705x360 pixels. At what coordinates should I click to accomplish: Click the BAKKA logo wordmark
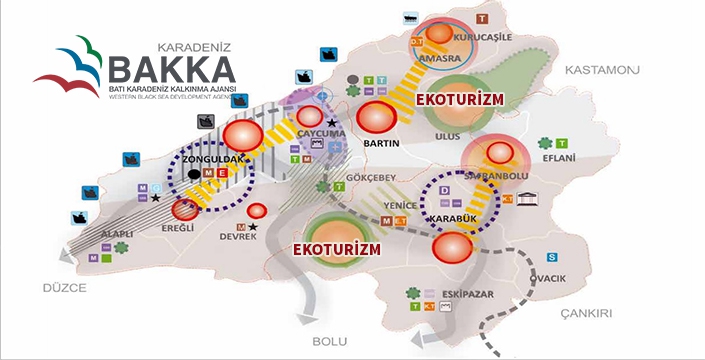coord(171,70)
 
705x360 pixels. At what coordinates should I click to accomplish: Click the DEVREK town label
coord(236,236)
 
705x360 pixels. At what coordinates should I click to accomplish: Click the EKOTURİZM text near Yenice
coord(337,247)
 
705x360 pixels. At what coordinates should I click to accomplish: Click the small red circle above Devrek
coord(257,211)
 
